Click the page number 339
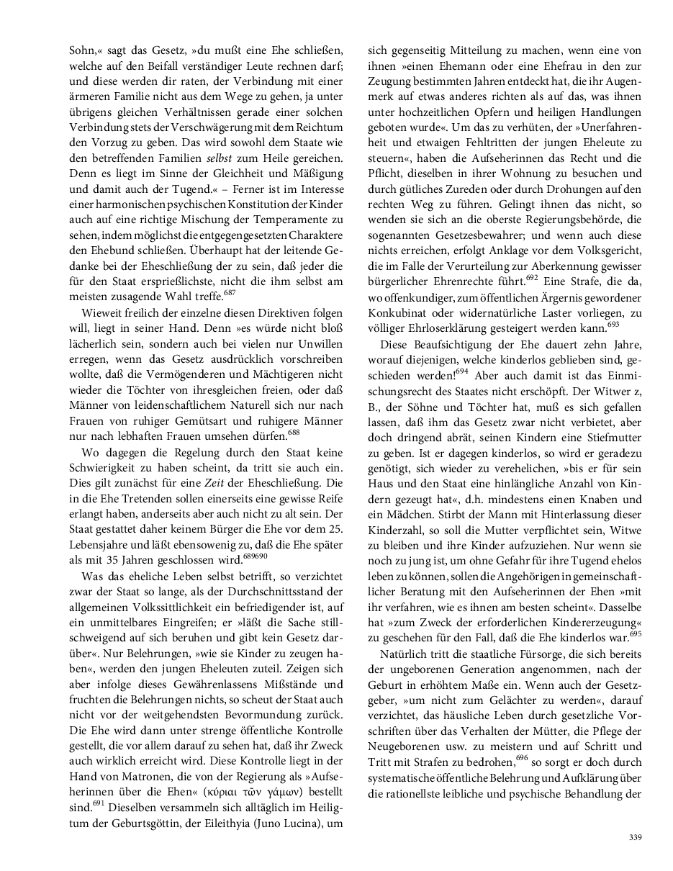(634, 836)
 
